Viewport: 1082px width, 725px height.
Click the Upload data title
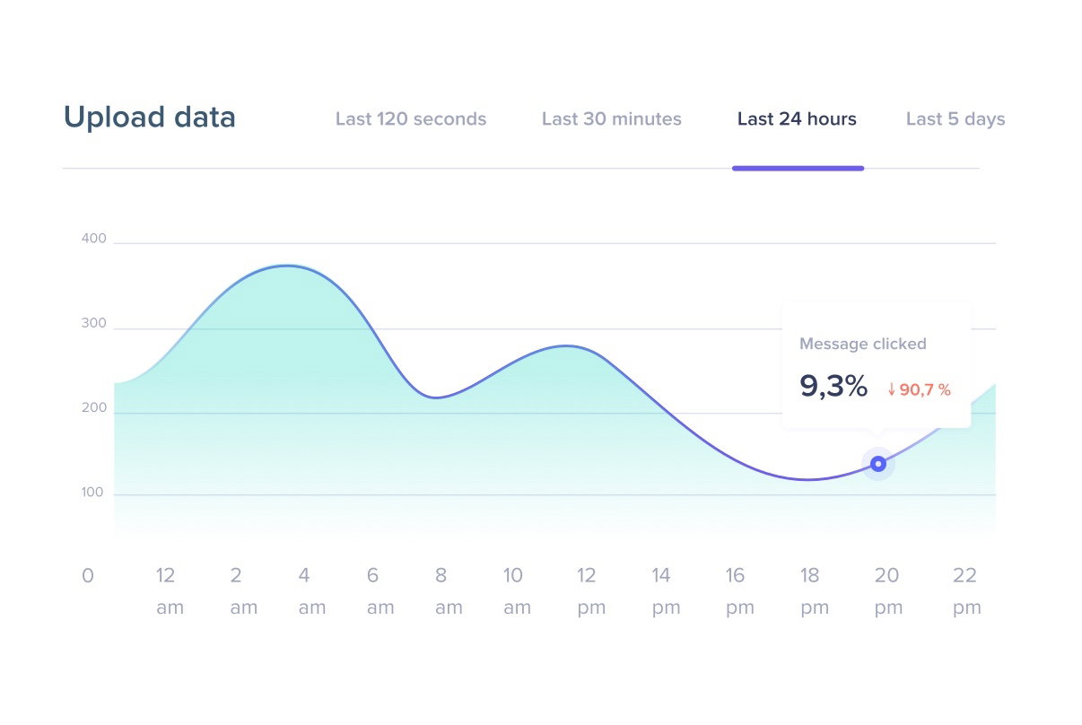click(x=149, y=118)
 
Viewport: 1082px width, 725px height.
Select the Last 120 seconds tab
click(x=411, y=119)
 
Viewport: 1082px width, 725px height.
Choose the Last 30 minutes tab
click(x=612, y=119)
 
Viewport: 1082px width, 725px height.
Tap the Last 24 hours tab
click(x=797, y=119)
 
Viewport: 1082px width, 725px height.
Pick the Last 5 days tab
click(x=955, y=119)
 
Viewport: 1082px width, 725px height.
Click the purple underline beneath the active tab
click(x=798, y=168)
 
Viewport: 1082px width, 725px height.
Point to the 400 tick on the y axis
click(x=93, y=239)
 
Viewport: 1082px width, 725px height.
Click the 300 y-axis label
click(x=93, y=324)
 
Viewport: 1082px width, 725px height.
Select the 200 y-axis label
click(x=93, y=408)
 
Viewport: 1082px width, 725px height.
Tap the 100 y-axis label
click(x=93, y=493)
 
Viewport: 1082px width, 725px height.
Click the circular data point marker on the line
click(x=878, y=464)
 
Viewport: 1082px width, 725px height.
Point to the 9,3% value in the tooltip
click(x=833, y=387)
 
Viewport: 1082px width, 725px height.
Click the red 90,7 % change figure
click(x=919, y=389)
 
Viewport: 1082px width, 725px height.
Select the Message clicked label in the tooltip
click(x=862, y=344)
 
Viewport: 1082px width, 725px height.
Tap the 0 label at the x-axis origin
click(x=87, y=576)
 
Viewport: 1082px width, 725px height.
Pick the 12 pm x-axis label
click(x=589, y=590)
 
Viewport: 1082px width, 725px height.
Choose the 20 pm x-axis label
click(x=886, y=590)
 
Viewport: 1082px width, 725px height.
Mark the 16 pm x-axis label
click(x=737, y=590)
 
